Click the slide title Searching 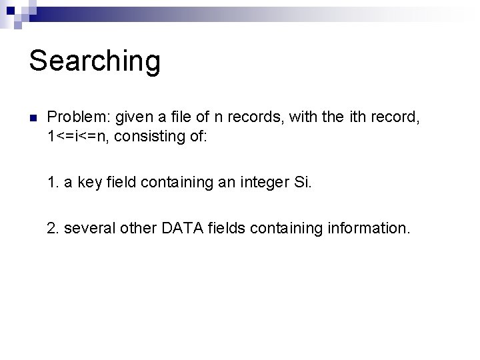point(95,61)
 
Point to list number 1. point(53,183)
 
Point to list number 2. point(53,229)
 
